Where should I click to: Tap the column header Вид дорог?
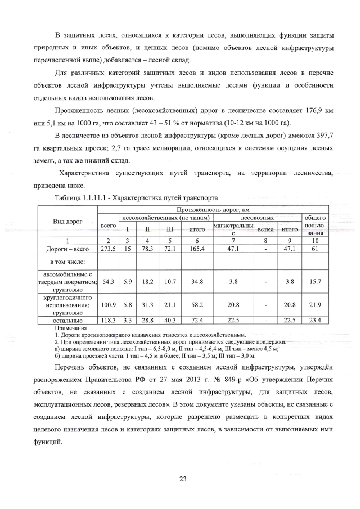[67, 221]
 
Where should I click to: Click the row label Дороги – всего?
[67, 248]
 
